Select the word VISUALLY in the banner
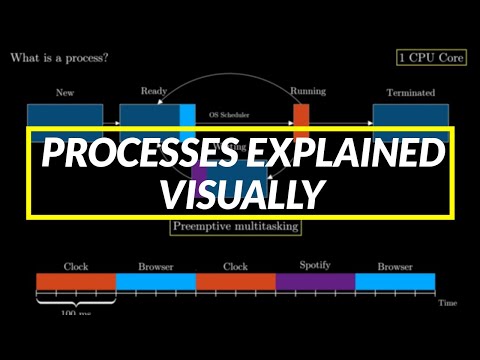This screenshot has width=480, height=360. coord(240,193)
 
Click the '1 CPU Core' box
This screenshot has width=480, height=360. coord(432,58)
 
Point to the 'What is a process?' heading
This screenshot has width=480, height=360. coord(59,58)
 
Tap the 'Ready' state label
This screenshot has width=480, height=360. coord(154,92)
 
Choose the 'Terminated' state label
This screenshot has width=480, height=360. coord(404,92)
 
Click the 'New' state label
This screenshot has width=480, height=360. coord(67,92)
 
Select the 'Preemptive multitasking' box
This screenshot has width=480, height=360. coord(235,226)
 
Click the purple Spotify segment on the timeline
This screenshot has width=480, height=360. coord(315,281)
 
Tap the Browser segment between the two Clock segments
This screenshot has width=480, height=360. coord(155,281)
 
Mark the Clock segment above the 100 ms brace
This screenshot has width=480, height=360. coord(75,281)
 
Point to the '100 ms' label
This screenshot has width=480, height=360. coord(75,312)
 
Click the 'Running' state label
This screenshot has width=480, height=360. coord(308,92)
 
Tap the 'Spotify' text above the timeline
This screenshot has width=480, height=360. coord(315,267)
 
